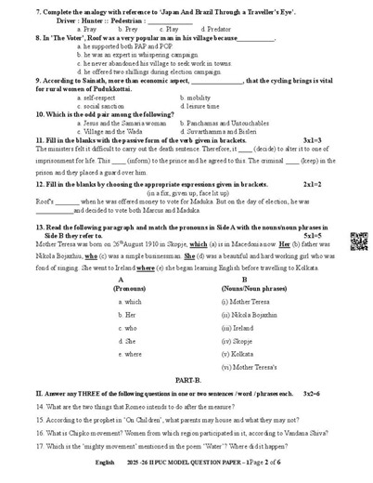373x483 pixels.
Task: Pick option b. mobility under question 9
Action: pyautogui.click(x=200, y=97)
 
